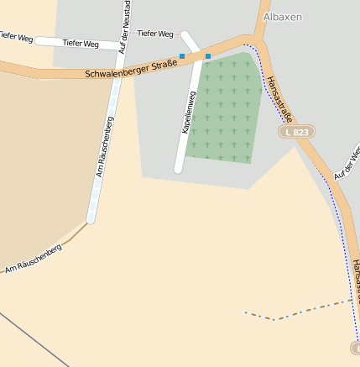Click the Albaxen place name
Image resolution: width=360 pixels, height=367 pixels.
282,17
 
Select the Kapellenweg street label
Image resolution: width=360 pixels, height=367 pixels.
189,114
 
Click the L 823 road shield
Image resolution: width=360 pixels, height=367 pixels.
296,132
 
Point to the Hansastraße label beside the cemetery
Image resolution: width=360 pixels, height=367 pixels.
278,98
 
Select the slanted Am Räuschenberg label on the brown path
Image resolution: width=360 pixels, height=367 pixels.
34,260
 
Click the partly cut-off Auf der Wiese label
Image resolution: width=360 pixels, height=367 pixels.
346,163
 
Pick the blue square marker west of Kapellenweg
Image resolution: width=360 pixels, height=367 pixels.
182,56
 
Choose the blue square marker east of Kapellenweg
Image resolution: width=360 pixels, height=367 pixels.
208,56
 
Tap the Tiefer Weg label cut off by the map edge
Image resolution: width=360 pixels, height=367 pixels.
16,37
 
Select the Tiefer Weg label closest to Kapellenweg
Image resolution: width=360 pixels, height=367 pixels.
154,34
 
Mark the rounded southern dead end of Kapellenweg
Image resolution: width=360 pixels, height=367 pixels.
178,169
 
